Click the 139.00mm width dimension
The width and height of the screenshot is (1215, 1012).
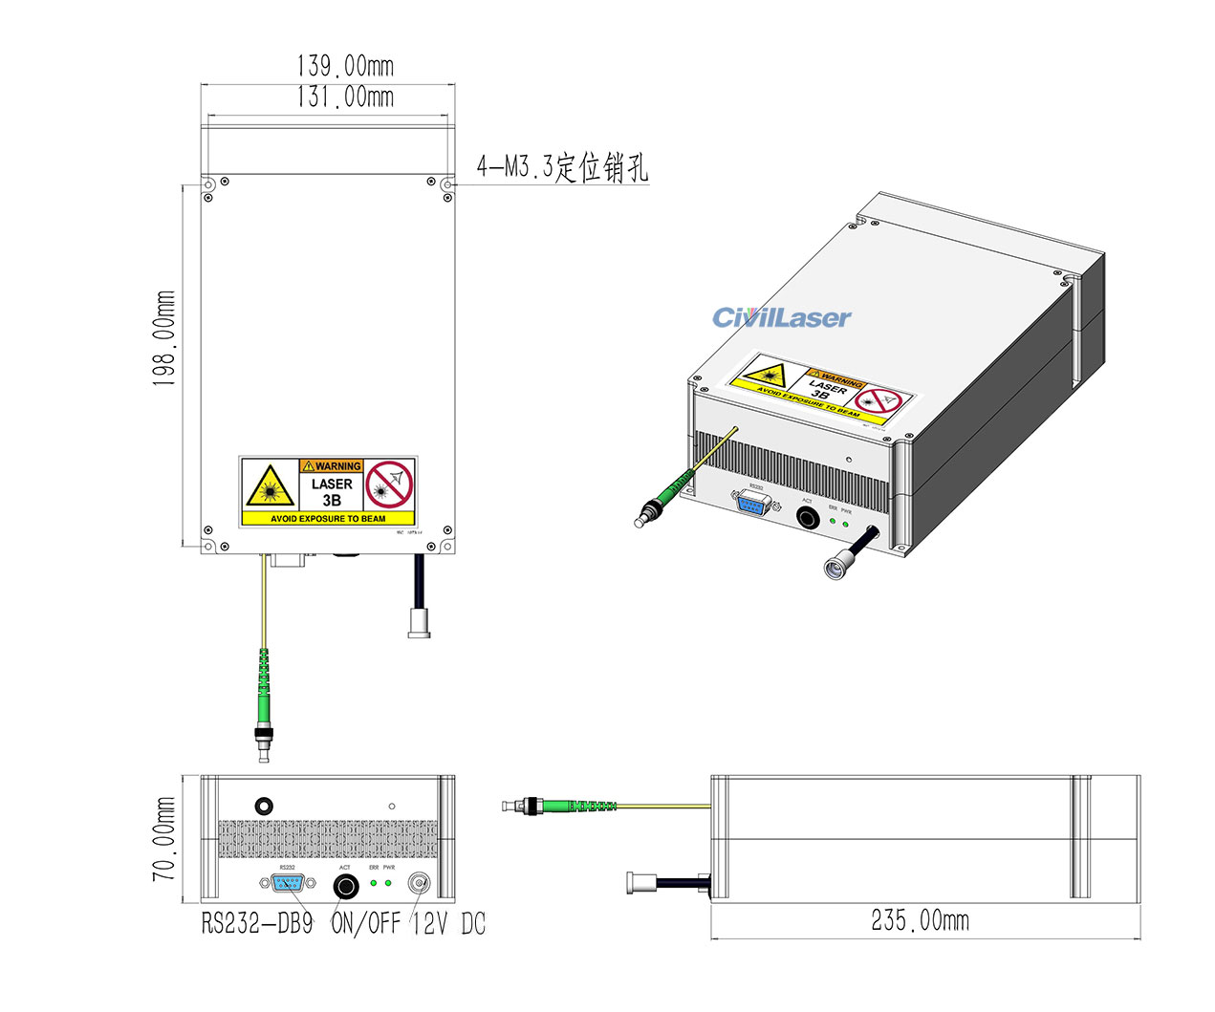[x=344, y=66]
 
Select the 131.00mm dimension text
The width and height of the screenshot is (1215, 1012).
[x=344, y=97]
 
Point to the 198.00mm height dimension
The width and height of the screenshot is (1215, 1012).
[x=165, y=339]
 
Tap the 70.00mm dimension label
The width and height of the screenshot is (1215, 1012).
[x=165, y=838]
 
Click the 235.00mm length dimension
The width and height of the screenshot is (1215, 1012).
[x=920, y=920]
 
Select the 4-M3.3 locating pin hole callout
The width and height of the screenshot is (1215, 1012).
[x=562, y=167]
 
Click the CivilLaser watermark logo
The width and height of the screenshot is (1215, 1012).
[x=781, y=317]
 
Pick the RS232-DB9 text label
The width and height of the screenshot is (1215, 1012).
[x=256, y=923]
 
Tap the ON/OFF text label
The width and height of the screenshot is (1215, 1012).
[x=365, y=923]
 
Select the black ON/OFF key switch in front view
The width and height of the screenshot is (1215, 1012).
[x=345, y=887]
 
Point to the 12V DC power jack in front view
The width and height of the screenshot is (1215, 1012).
[x=418, y=884]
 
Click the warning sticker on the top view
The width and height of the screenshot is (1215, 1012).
[x=328, y=491]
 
